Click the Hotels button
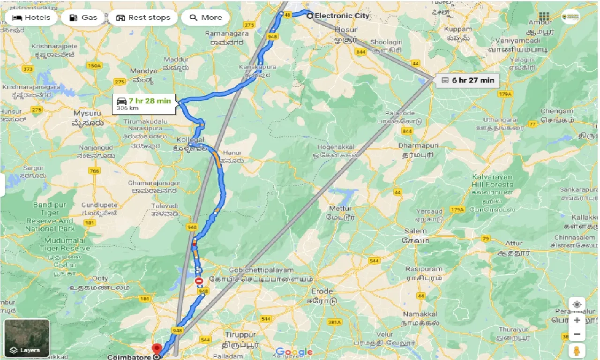(x=31, y=18)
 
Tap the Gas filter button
(x=83, y=18)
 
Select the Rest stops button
(x=143, y=18)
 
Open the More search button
(x=205, y=18)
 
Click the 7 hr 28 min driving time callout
(x=145, y=104)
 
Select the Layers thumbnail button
(x=26, y=338)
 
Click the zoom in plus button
(x=577, y=320)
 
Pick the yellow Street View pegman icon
(x=577, y=351)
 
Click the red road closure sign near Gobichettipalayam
(x=199, y=281)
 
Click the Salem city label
(x=415, y=231)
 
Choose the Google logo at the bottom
(x=294, y=352)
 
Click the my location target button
(x=577, y=304)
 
